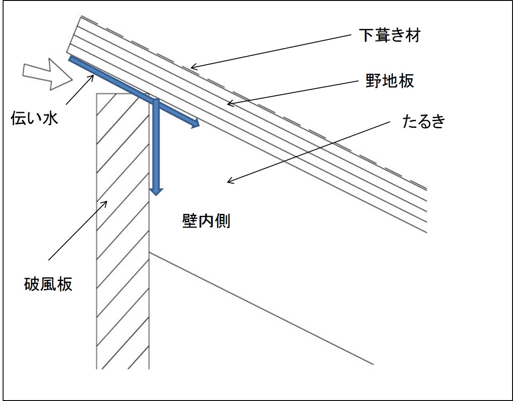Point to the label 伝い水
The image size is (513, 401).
[35, 119]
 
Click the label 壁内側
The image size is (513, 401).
[206, 221]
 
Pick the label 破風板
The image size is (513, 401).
[48, 285]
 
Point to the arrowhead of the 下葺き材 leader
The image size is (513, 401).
[192, 68]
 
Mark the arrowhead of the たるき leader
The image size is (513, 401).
[228, 181]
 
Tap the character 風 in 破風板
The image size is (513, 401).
[48, 285]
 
